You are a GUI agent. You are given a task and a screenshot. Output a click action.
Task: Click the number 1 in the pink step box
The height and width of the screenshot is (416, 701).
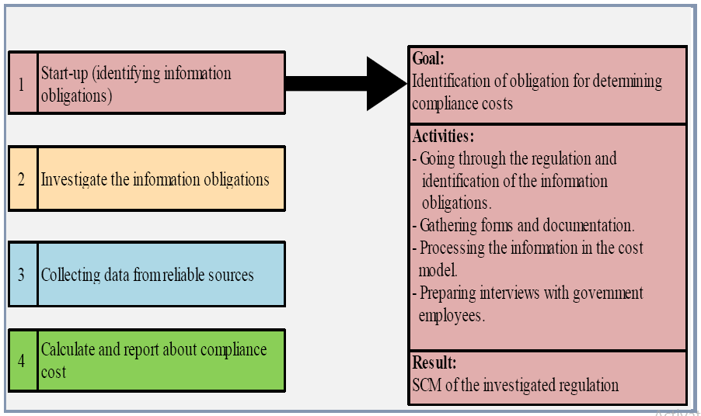tap(22, 84)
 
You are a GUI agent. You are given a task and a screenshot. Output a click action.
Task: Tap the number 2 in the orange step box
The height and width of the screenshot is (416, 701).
tap(22, 179)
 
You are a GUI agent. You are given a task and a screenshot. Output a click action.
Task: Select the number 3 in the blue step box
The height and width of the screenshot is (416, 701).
tap(22, 275)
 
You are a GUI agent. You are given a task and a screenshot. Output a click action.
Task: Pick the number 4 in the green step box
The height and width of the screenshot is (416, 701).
tap(22, 361)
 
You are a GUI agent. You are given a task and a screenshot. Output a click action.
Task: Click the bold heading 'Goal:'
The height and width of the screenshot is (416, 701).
tap(428, 58)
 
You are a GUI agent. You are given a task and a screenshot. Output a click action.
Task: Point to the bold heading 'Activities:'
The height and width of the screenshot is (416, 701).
tap(443, 136)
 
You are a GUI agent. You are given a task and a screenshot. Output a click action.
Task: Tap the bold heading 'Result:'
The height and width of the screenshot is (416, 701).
tap(434, 362)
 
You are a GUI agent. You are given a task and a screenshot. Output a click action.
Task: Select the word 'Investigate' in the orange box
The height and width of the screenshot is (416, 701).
tap(74, 179)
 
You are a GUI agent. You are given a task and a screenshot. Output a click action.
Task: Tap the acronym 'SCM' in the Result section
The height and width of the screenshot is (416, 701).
tap(427, 384)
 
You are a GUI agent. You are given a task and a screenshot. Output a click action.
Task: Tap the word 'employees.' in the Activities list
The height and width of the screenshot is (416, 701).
tap(452, 316)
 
